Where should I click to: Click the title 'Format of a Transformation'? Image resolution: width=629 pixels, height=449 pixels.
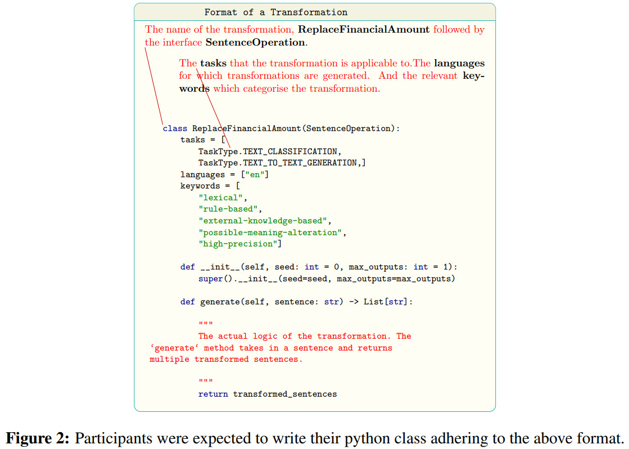[x=275, y=12]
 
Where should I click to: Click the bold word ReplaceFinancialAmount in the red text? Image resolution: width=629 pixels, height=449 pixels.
[x=364, y=29]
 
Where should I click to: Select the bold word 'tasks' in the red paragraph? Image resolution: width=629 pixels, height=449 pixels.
[x=213, y=63]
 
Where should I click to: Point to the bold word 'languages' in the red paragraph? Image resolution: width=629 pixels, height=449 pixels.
[x=459, y=63]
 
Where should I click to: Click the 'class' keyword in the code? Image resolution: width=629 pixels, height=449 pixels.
[x=175, y=128]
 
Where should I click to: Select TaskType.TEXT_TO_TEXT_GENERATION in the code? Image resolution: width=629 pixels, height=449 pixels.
[x=279, y=163]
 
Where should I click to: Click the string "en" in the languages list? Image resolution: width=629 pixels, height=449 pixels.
[x=256, y=174]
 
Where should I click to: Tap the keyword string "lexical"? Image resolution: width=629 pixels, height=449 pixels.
[x=222, y=197]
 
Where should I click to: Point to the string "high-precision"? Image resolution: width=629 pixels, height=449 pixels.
[x=238, y=244]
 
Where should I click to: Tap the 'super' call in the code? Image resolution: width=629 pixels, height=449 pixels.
[x=210, y=279]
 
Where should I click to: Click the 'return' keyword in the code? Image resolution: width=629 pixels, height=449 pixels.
[x=213, y=394]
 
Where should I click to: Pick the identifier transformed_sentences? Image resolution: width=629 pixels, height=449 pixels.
[x=285, y=394]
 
